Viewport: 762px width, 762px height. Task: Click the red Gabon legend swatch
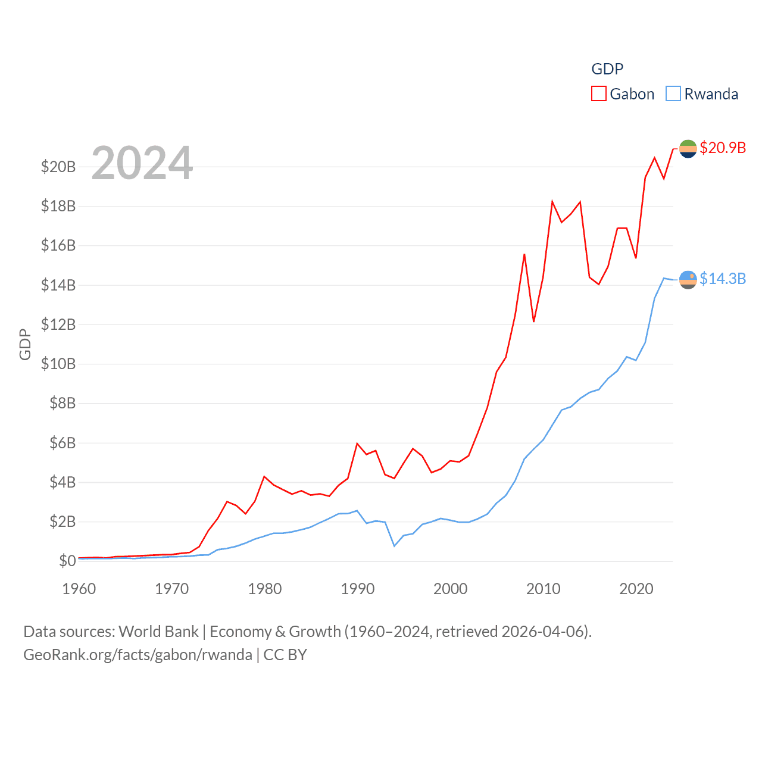pyautogui.click(x=598, y=94)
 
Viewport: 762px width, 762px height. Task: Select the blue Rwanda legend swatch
pyautogui.click(x=673, y=94)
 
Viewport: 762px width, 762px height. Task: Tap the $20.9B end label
pyautogui.click(x=723, y=148)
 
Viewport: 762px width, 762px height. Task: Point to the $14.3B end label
pyautogui.click(x=723, y=279)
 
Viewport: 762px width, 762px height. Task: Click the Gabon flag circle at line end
pyautogui.click(x=688, y=148)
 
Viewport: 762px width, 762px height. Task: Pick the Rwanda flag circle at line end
pyautogui.click(x=688, y=279)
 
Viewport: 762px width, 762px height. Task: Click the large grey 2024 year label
pyautogui.click(x=142, y=163)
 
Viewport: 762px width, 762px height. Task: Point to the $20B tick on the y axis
pyautogui.click(x=58, y=167)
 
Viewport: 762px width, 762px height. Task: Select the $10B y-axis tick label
pyautogui.click(x=58, y=364)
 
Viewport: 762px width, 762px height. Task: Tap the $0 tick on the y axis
pyautogui.click(x=67, y=561)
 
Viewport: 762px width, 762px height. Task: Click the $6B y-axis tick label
pyautogui.click(x=62, y=443)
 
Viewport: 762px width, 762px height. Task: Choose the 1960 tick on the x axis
pyautogui.click(x=79, y=589)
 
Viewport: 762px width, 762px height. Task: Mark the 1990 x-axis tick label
pyautogui.click(x=358, y=589)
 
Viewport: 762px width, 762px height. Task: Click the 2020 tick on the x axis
pyautogui.click(x=636, y=589)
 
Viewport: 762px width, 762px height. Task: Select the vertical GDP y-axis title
pyautogui.click(x=25, y=344)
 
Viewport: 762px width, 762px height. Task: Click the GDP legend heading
pyautogui.click(x=607, y=69)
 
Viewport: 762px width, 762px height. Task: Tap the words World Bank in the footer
pyautogui.click(x=158, y=632)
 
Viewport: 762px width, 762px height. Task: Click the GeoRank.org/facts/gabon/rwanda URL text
pyautogui.click(x=138, y=655)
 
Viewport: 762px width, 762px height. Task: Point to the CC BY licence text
pyautogui.click(x=285, y=655)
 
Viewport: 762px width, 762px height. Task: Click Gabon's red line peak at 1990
pyautogui.click(x=357, y=444)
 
